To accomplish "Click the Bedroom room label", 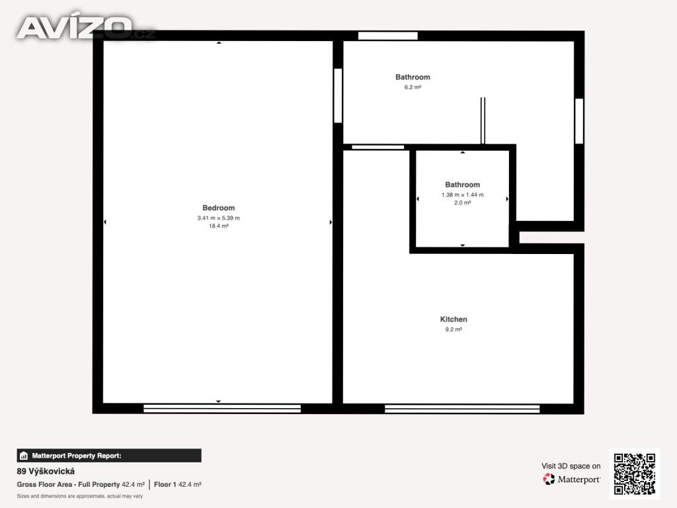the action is (x=218, y=208).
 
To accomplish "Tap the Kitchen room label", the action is (x=454, y=319).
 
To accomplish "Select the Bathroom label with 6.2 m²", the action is (x=413, y=77).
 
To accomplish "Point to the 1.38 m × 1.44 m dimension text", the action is (x=462, y=195).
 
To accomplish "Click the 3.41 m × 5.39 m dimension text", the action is (x=218, y=218).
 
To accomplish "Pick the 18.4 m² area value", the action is (x=218, y=226).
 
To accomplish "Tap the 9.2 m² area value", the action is (x=454, y=329).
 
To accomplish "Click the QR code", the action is (x=634, y=474).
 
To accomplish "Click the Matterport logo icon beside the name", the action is (x=549, y=479).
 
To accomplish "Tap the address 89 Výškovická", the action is (x=46, y=471).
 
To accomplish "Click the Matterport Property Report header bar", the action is (x=109, y=456).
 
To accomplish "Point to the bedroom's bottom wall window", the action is (x=222, y=409).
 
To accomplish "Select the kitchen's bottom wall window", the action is (x=462, y=409).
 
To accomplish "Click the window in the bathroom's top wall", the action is (x=387, y=36).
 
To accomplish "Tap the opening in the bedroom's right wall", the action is (x=338, y=95).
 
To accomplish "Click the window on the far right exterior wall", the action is (x=579, y=122).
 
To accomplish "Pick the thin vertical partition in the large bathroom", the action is (x=483, y=120).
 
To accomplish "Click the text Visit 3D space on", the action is (x=571, y=466).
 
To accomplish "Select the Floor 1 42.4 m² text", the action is (x=177, y=485).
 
